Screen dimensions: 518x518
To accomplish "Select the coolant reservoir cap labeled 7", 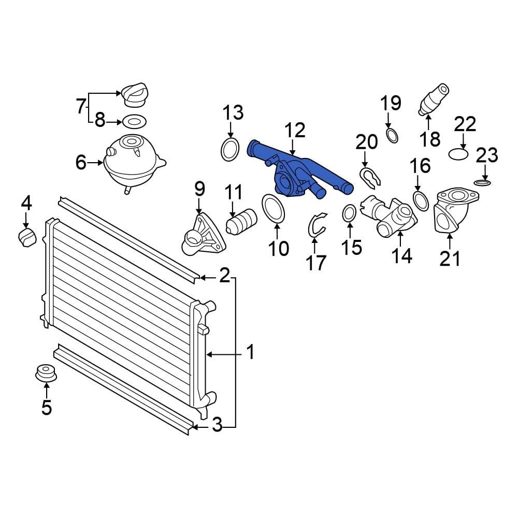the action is pyautogui.click(x=135, y=95).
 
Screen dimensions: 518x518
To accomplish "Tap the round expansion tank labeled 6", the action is pyautogui.click(x=134, y=162).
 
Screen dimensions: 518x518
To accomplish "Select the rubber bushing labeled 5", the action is pyautogui.click(x=46, y=372).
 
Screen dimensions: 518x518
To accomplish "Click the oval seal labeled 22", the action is pyautogui.click(x=458, y=154).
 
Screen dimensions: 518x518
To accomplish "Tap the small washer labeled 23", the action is pyautogui.click(x=482, y=183).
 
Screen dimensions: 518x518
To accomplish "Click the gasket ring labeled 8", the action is pyautogui.click(x=135, y=122).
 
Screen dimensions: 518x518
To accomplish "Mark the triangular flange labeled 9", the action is pyautogui.click(x=203, y=235).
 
